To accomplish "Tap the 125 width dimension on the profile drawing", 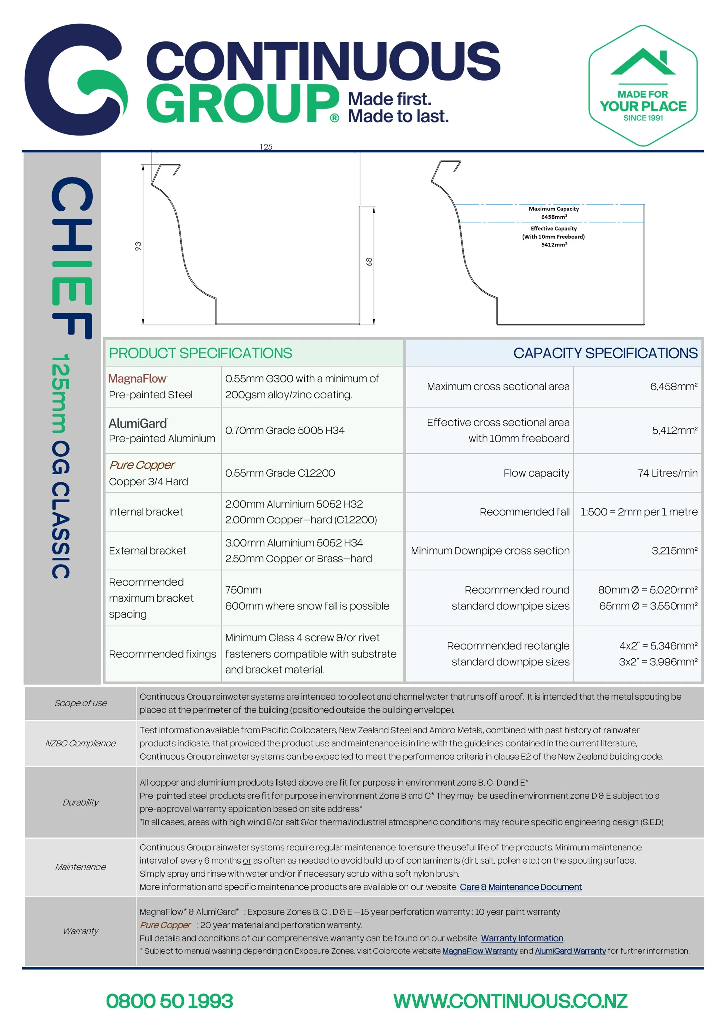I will point(266,147).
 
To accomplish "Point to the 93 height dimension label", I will point(138,246).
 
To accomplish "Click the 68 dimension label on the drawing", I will point(369,262).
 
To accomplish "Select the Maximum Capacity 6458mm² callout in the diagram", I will point(554,213).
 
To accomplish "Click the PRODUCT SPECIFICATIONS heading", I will point(201,353).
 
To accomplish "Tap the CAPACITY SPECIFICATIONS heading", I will point(605,353).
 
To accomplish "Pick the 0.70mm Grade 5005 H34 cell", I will point(285,430).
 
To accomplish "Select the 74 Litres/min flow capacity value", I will point(667,473).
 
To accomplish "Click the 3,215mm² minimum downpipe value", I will point(674,550).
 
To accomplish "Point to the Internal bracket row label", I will point(146,512).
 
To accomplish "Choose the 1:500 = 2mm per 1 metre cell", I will point(639,512).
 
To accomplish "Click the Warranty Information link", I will point(522,938).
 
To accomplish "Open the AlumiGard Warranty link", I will point(570,951).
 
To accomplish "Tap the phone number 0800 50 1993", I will point(169,1001).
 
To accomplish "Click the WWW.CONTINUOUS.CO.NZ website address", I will point(510,1001).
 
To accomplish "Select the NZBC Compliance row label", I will point(81,743).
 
